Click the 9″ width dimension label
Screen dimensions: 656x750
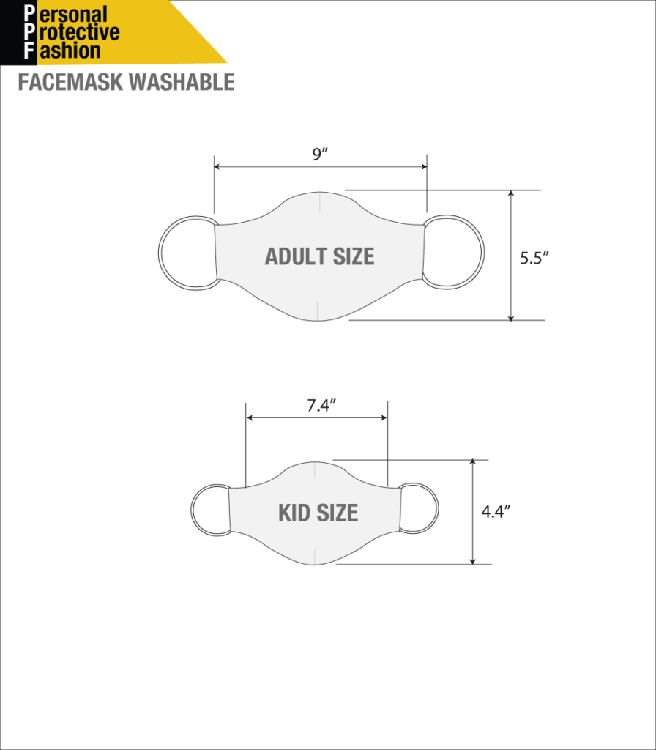[x=320, y=155]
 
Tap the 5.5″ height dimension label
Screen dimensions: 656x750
[x=534, y=259]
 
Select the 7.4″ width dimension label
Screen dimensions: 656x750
[x=321, y=406]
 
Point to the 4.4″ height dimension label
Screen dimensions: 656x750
[x=496, y=512]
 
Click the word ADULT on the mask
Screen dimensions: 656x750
[x=296, y=256]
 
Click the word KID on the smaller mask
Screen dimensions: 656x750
[x=294, y=513]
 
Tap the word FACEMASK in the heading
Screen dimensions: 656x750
[x=70, y=82]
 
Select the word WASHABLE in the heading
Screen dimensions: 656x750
[x=182, y=82]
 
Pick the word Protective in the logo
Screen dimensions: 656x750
[x=72, y=32]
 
